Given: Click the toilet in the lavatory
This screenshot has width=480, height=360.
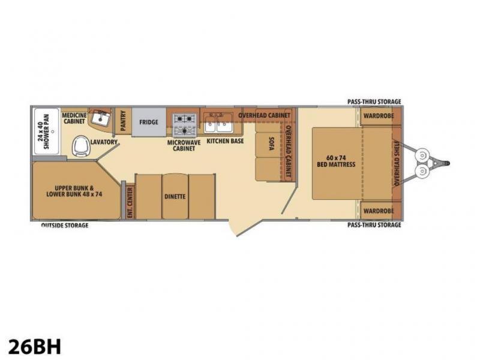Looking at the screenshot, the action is pyautogui.click(x=82, y=146).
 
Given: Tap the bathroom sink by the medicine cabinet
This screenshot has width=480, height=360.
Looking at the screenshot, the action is pyautogui.click(x=101, y=118).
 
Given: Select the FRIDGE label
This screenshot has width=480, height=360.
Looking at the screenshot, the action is pyautogui.click(x=149, y=122).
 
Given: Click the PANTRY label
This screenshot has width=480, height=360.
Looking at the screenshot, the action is pyautogui.click(x=124, y=121).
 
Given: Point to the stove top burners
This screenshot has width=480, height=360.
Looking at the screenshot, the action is pyautogui.click(x=185, y=125).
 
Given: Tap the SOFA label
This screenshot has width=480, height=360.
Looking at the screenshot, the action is pyautogui.click(x=271, y=143).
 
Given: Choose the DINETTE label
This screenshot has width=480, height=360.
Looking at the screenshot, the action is pyautogui.click(x=175, y=196).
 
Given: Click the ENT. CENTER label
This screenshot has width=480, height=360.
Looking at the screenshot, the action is pyautogui.click(x=130, y=202).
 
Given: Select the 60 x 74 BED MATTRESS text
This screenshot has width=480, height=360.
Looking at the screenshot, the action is pyautogui.click(x=336, y=161).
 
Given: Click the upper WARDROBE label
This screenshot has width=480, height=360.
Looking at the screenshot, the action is pyautogui.click(x=379, y=116).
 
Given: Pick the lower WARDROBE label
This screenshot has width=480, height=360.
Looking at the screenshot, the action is pyautogui.click(x=379, y=211).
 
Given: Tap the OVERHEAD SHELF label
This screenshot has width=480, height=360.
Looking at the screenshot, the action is pyautogui.click(x=397, y=163).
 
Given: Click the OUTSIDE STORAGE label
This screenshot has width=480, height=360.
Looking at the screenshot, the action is pyautogui.click(x=65, y=226).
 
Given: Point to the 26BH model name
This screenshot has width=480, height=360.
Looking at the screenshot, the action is pyautogui.click(x=35, y=347).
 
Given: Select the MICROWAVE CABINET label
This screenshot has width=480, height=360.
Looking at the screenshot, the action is pyautogui.click(x=184, y=145).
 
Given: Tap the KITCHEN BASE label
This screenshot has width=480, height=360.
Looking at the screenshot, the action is pyautogui.click(x=226, y=141).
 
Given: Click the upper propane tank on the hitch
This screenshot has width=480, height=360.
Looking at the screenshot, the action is pyautogui.click(x=422, y=155).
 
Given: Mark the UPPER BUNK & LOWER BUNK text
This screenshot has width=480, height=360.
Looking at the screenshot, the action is pyautogui.click(x=74, y=191).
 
